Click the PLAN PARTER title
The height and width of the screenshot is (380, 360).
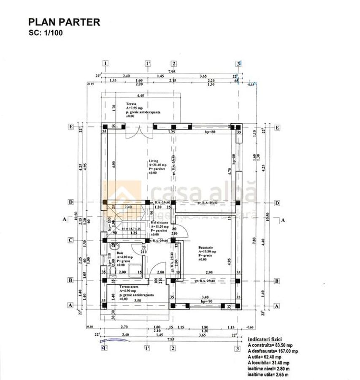[x=64, y=22]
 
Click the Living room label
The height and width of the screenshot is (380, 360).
[x=153, y=161]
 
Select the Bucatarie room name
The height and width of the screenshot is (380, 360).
[x=207, y=247]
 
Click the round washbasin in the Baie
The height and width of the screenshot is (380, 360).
[x=113, y=245]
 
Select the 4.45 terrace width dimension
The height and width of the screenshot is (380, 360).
[x=141, y=95]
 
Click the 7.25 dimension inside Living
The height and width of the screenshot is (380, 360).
[x=172, y=132]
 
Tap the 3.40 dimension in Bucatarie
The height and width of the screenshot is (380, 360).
[x=205, y=297]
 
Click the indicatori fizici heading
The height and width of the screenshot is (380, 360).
[x=265, y=339]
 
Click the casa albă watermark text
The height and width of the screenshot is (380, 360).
[x=203, y=193]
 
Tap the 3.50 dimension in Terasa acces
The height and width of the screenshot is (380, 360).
[x=138, y=301]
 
